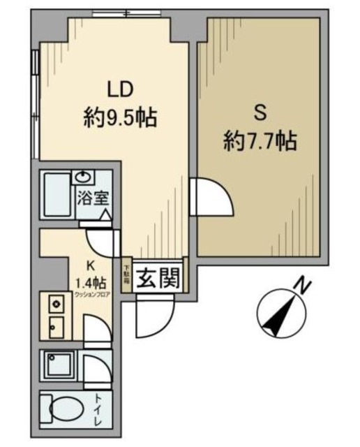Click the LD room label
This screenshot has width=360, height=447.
coord(119,89)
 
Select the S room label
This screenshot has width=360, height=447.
coord(260,112)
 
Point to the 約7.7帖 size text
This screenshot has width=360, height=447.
coord(260,142)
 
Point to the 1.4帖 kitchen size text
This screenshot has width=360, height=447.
coord(90,283)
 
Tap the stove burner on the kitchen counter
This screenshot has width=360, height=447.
coord(56,305)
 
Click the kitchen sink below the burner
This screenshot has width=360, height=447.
coord(56,325)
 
